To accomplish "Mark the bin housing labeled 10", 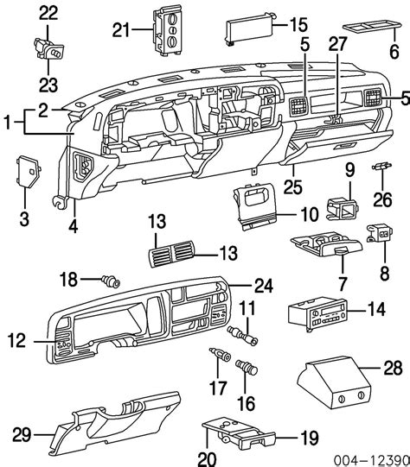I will coord(255,207).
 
